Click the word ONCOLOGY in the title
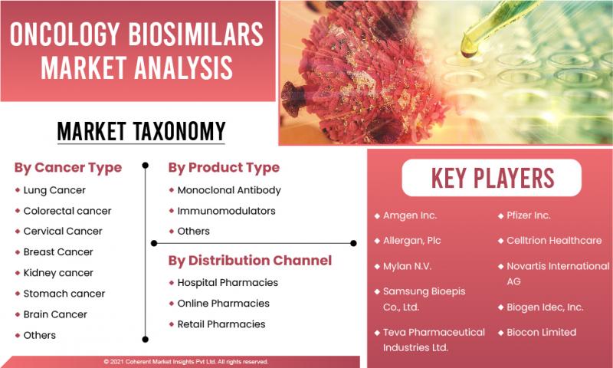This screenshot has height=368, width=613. click(x=64, y=34)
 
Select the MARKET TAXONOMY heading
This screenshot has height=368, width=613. click(x=142, y=131)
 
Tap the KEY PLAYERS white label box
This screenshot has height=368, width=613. click(x=492, y=178)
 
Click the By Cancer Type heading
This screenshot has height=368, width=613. click(x=68, y=168)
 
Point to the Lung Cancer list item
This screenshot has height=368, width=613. click(x=54, y=190)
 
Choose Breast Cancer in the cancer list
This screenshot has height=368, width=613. click(x=58, y=252)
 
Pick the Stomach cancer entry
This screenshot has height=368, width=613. click(x=64, y=294)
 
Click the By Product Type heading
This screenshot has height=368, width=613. click(x=224, y=168)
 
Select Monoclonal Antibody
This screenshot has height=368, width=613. click(x=229, y=190)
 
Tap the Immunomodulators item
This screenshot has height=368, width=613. click(x=226, y=211)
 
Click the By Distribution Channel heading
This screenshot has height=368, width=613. click(x=250, y=261)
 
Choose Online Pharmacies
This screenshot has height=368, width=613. click(x=223, y=303)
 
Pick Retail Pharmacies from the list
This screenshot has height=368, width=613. click(x=221, y=324)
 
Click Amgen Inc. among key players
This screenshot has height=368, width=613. click(x=410, y=215)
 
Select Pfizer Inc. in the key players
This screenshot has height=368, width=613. click(x=529, y=215)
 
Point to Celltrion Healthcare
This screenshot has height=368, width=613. click(x=554, y=240)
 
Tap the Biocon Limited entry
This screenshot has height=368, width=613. click(x=542, y=332)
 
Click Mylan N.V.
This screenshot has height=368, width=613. click(x=408, y=266)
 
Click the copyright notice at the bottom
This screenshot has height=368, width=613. click(x=186, y=362)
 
